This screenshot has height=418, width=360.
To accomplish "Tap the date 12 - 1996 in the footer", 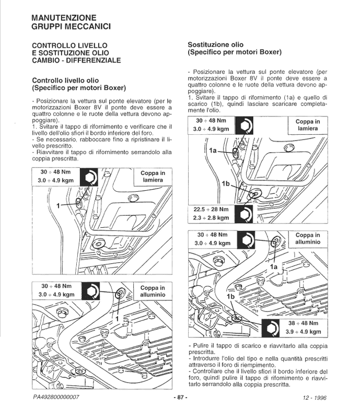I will (314, 398).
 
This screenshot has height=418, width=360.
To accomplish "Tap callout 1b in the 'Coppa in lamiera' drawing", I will (226, 184).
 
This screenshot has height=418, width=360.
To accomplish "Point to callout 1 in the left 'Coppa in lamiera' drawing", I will (59, 206).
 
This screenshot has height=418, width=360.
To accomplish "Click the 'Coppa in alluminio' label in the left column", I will (152, 291).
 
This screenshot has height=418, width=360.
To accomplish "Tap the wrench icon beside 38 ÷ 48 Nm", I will (272, 327).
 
